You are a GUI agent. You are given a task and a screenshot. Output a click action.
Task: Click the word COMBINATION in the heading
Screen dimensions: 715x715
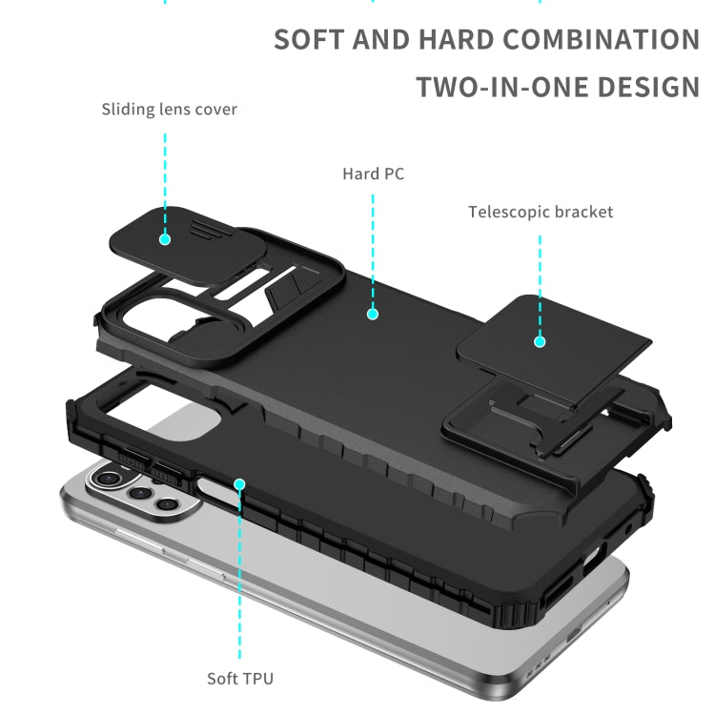tap(602, 40)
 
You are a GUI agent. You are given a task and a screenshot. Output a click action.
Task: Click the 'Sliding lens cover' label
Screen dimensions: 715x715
tap(169, 110)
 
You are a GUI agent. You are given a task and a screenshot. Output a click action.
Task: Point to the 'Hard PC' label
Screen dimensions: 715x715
tap(373, 174)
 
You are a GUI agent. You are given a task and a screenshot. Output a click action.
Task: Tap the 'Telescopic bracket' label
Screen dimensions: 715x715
tap(541, 212)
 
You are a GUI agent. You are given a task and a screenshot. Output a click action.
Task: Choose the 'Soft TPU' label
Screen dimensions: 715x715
tap(240, 679)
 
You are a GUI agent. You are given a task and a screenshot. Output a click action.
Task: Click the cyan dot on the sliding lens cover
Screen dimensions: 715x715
tap(165, 239)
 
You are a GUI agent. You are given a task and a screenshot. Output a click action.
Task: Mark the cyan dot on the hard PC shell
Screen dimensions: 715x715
tap(373, 314)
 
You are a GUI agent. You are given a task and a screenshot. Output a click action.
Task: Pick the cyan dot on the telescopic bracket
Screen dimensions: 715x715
tap(540, 341)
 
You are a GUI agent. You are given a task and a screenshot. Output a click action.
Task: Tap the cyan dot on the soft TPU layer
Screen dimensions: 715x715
tap(239, 483)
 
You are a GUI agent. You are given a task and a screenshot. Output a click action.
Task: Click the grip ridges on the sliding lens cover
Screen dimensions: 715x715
tap(206, 228)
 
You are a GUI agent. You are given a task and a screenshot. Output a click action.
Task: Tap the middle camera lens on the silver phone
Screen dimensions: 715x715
tap(139, 493)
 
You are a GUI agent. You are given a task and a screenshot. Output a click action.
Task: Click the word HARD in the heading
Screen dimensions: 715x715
tap(457, 40)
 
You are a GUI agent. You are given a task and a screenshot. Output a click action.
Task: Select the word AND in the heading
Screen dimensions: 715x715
tap(380, 40)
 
